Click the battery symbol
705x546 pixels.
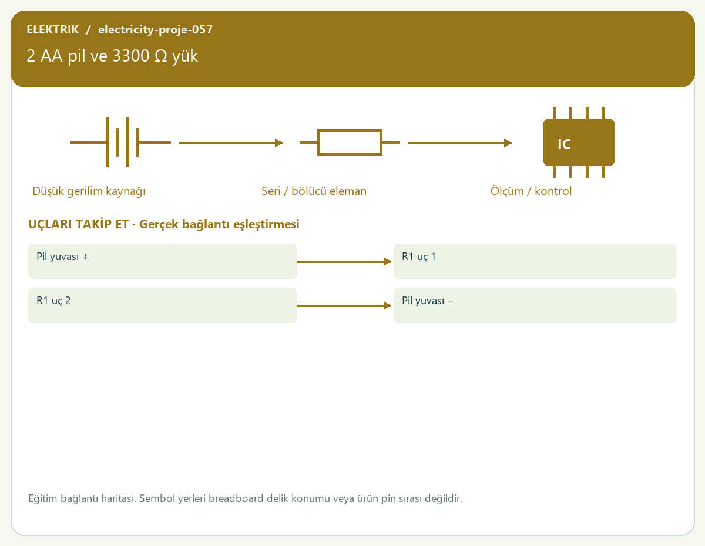(120, 142)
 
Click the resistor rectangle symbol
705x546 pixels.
(350, 142)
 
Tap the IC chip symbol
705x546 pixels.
(579, 142)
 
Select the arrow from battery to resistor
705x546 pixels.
(231, 143)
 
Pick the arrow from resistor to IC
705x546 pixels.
(460, 143)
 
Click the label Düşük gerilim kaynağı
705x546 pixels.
(89, 191)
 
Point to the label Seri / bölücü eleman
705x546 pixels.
(314, 191)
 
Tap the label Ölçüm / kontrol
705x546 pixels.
(531, 191)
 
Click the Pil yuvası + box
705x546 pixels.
(163, 261)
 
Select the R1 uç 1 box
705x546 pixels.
(535, 261)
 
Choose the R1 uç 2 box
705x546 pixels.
(163, 305)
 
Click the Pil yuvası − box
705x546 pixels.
(535, 305)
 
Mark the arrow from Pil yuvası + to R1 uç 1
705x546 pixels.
(344, 262)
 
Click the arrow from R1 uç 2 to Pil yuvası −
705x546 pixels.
(344, 305)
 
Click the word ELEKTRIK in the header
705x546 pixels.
(52, 29)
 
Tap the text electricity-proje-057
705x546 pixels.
(156, 29)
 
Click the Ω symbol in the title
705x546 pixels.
(161, 56)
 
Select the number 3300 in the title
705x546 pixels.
(131, 56)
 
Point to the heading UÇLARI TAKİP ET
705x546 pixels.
(79, 224)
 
